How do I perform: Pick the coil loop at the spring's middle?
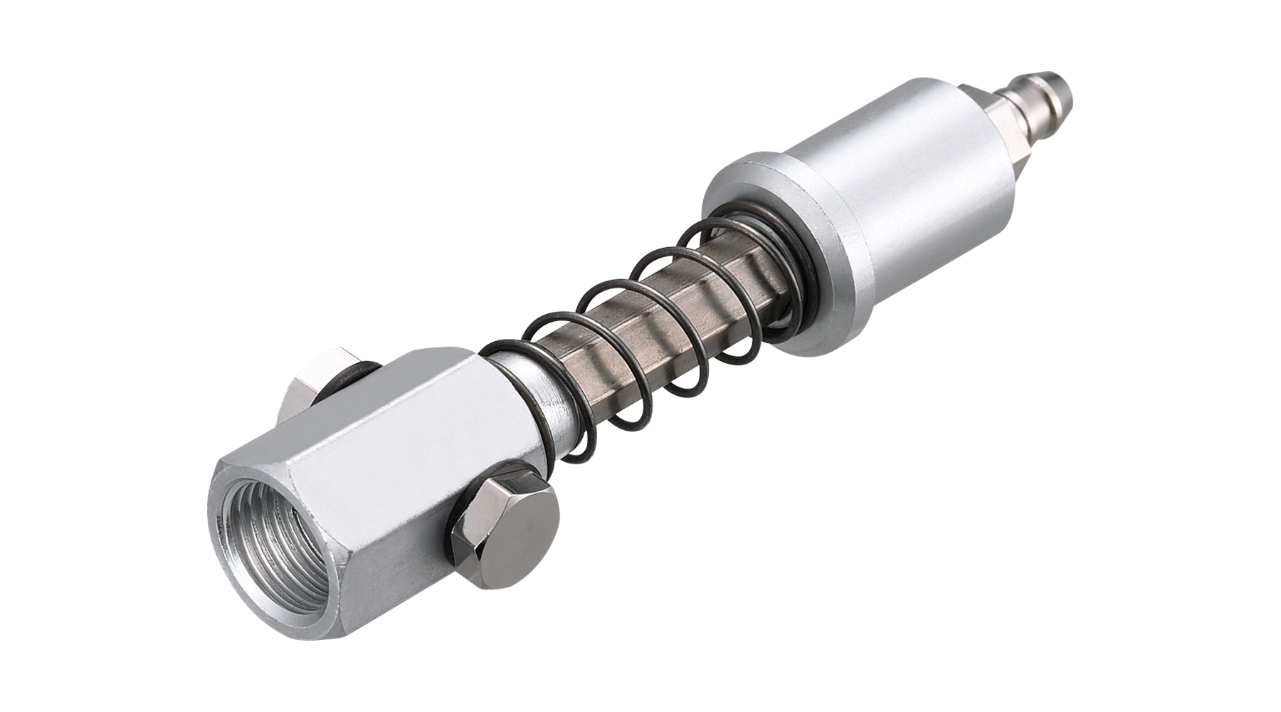point(626,313)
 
